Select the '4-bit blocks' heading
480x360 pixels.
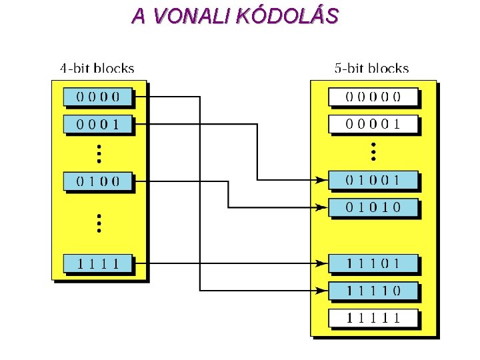97,68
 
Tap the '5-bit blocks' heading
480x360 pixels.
371,68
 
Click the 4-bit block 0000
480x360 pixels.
98,96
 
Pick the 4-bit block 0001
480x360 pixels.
98,123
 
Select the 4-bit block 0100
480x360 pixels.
98,181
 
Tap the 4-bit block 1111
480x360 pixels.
98,263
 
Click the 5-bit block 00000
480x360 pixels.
373,96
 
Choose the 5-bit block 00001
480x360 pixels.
373,123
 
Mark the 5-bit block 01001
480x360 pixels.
373,179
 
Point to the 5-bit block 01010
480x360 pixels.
373,207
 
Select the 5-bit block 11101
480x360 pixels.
373,263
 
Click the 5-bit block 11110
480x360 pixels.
373,291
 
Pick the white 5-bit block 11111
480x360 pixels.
373,318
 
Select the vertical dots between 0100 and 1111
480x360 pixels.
98,223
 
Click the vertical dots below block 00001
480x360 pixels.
373,151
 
